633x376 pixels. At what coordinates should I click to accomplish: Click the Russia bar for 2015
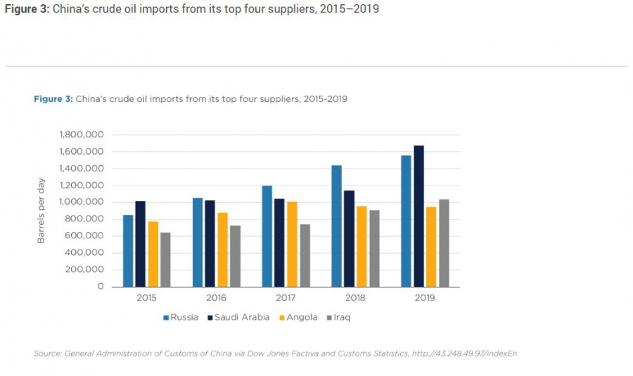tap(128, 251)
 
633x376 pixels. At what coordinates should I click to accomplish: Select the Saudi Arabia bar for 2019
tap(418, 216)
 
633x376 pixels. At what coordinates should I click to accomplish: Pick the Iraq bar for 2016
tap(235, 256)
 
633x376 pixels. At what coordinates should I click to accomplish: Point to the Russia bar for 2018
tap(336, 226)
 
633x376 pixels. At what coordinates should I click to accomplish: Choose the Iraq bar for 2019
tap(443, 243)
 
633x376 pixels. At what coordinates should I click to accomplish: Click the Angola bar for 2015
tap(153, 254)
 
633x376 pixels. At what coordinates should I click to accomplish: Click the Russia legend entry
tap(181, 317)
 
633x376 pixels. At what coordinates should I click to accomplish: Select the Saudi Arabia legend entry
tap(238, 317)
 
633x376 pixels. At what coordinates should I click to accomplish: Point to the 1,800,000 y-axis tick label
tap(83, 134)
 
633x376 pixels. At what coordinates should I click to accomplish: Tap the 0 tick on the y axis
tap(101, 287)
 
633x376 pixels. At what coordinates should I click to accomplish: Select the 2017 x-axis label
tap(286, 298)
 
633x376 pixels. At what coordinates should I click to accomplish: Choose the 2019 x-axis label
tap(424, 298)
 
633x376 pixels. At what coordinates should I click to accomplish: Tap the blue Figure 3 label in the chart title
tap(53, 99)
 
